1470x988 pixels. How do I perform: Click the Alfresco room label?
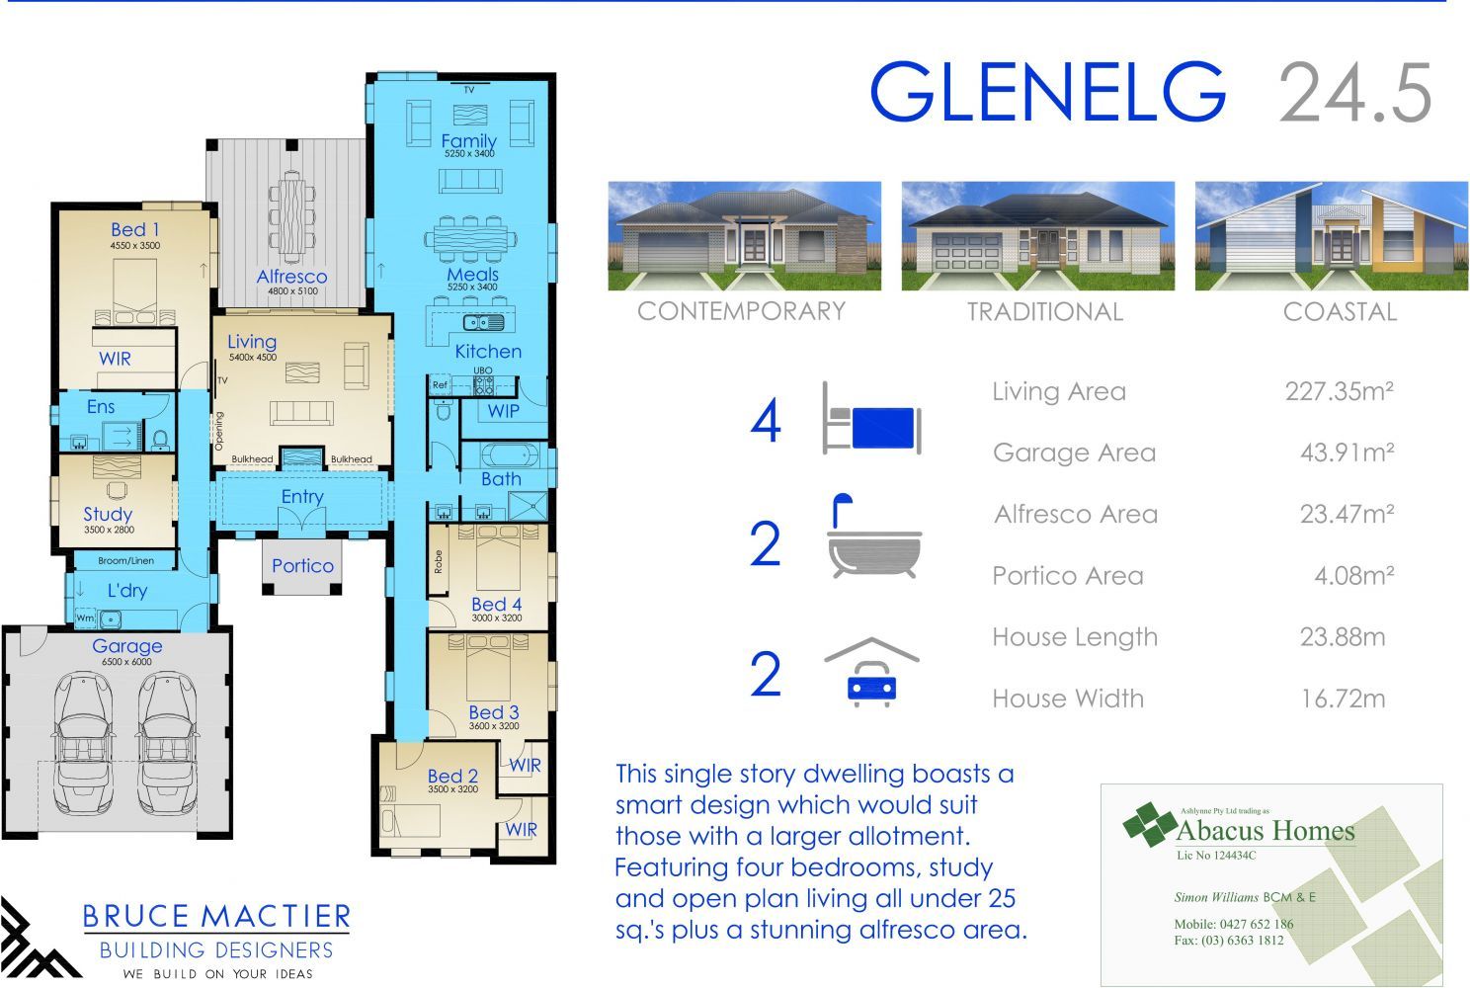(291, 277)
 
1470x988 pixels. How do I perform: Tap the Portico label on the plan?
(302, 566)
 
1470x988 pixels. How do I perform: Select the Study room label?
(108, 514)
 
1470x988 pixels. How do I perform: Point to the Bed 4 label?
(496, 604)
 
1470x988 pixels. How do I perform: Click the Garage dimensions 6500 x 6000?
(126, 662)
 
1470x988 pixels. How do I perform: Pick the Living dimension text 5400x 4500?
(253, 357)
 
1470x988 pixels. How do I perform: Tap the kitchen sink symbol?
(484, 323)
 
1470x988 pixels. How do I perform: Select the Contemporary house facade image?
(744, 236)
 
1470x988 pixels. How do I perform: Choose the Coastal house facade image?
(1332, 236)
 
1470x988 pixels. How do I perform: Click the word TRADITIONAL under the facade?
(1045, 312)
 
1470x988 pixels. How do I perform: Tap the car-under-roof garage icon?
(871, 672)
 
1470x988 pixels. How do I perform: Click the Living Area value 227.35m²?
(1340, 391)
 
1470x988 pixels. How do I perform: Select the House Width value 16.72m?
(1344, 699)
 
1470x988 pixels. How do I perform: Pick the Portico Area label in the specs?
(1068, 576)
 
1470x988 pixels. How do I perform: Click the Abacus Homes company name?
(1265, 831)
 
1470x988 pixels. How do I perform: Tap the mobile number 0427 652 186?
(1256, 924)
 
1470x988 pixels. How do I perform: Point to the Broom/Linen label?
(126, 560)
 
